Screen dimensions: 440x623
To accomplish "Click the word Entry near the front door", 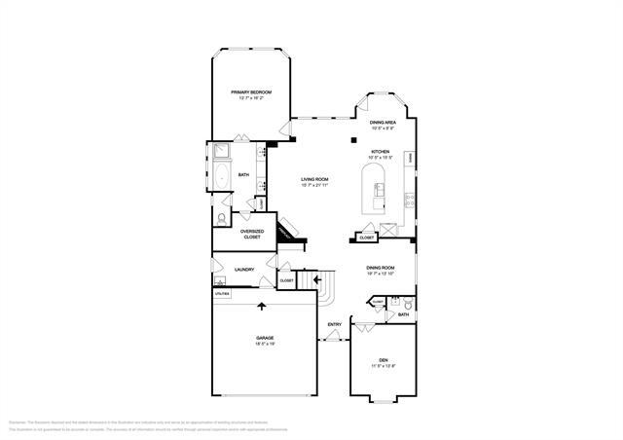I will (334, 324).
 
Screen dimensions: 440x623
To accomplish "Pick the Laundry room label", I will (244, 270).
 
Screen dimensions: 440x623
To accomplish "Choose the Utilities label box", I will (222, 292).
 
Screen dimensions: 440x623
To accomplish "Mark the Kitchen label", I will (380, 152).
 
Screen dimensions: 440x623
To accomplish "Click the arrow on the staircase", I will (316, 281).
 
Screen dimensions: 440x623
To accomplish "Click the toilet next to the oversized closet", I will (223, 218).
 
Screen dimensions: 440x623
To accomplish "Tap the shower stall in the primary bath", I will (220, 151).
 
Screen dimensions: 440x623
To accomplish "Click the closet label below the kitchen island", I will (367, 237).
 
